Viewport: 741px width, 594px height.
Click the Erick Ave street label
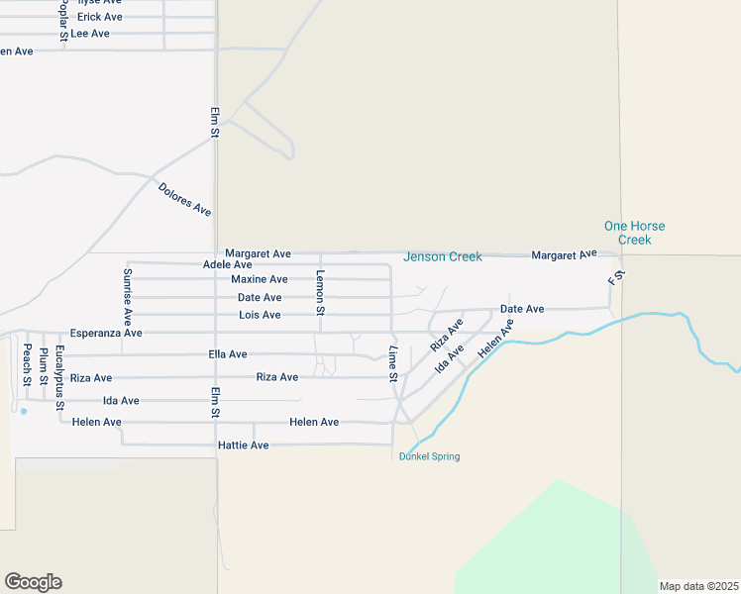pos(100,17)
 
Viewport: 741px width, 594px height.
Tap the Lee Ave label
pos(90,34)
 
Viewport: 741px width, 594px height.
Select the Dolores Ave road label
pos(185,198)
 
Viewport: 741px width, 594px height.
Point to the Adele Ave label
pos(227,264)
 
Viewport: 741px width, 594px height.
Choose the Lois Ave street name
pos(260,315)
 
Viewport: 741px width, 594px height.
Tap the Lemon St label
pos(320,292)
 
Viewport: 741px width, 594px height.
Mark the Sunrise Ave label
pos(127,296)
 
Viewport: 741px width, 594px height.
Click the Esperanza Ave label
pos(106,334)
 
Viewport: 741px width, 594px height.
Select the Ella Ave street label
pos(228,354)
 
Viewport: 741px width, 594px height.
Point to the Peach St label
pos(28,365)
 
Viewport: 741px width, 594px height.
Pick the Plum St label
pos(45,367)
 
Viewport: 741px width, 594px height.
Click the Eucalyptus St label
pos(60,378)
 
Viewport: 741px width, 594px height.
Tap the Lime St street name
pos(393,364)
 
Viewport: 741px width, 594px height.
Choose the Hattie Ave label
pos(244,445)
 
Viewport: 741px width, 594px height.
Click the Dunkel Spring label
pos(429,456)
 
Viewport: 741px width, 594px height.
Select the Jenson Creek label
pos(442,257)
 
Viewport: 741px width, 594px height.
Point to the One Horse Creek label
pos(635,233)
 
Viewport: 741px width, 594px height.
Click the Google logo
pos(33,582)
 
